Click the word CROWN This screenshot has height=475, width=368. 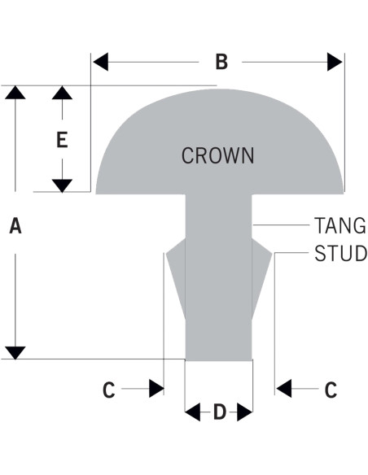coord(217,155)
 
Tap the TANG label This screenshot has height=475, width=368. coord(340,225)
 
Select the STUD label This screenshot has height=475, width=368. coord(340,253)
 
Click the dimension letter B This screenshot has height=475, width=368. coord(221,62)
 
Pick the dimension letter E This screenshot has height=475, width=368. coord(62,140)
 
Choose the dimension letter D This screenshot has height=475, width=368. coord(220,412)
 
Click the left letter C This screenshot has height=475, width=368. coord(109,390)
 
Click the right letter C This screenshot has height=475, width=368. coord(331,390)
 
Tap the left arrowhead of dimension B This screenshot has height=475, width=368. coord(101,62)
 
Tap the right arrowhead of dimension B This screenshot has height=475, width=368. coord(335,62)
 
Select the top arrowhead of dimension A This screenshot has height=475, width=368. coord(15,93)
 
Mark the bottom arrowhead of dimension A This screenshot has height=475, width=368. coord(15,353)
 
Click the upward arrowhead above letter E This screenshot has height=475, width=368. coord(62,93)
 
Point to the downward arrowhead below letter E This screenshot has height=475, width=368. coord(62,185)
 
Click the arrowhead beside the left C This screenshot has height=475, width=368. coord(156,388)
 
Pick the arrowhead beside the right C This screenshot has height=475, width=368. coord(284,388)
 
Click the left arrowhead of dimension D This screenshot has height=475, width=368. coord(193,412)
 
